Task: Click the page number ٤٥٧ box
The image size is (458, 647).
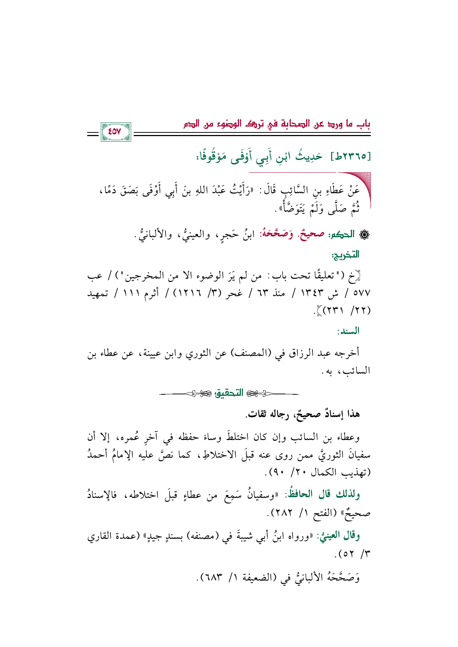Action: pos(116,131)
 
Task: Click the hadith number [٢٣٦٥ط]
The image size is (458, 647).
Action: pos(351,156)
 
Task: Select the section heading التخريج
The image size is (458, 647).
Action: pos(345,254)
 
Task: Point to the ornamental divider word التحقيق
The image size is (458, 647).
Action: pos(229,393)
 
